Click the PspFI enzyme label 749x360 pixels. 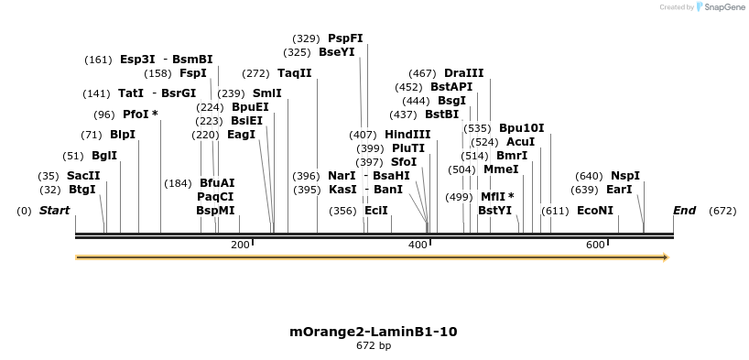tap(345, 38)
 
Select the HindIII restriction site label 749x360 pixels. tap(407, 135)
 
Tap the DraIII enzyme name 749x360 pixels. tap(463, 73)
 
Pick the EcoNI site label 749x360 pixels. tap(595, 211)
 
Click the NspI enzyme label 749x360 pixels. tap(625, 176)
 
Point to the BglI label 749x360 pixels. tap(104, 156)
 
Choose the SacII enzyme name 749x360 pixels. tap(83, 176)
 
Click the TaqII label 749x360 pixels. tap(294, 73)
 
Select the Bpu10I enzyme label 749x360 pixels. tap(521, 128)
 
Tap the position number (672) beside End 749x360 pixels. tap(722, 211)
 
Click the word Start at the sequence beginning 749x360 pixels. tap(54, 211)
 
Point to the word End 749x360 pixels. tap(684, 211)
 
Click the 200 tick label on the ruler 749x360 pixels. tap(240, 245)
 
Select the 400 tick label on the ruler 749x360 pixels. tap(418, 245)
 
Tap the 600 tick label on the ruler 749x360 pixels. tap(595, 245)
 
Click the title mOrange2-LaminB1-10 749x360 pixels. tap(374, 331)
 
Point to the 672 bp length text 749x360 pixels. tap(374, 346)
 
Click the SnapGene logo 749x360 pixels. tap(722, 7)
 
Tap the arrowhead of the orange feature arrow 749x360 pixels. tap(666, 257)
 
